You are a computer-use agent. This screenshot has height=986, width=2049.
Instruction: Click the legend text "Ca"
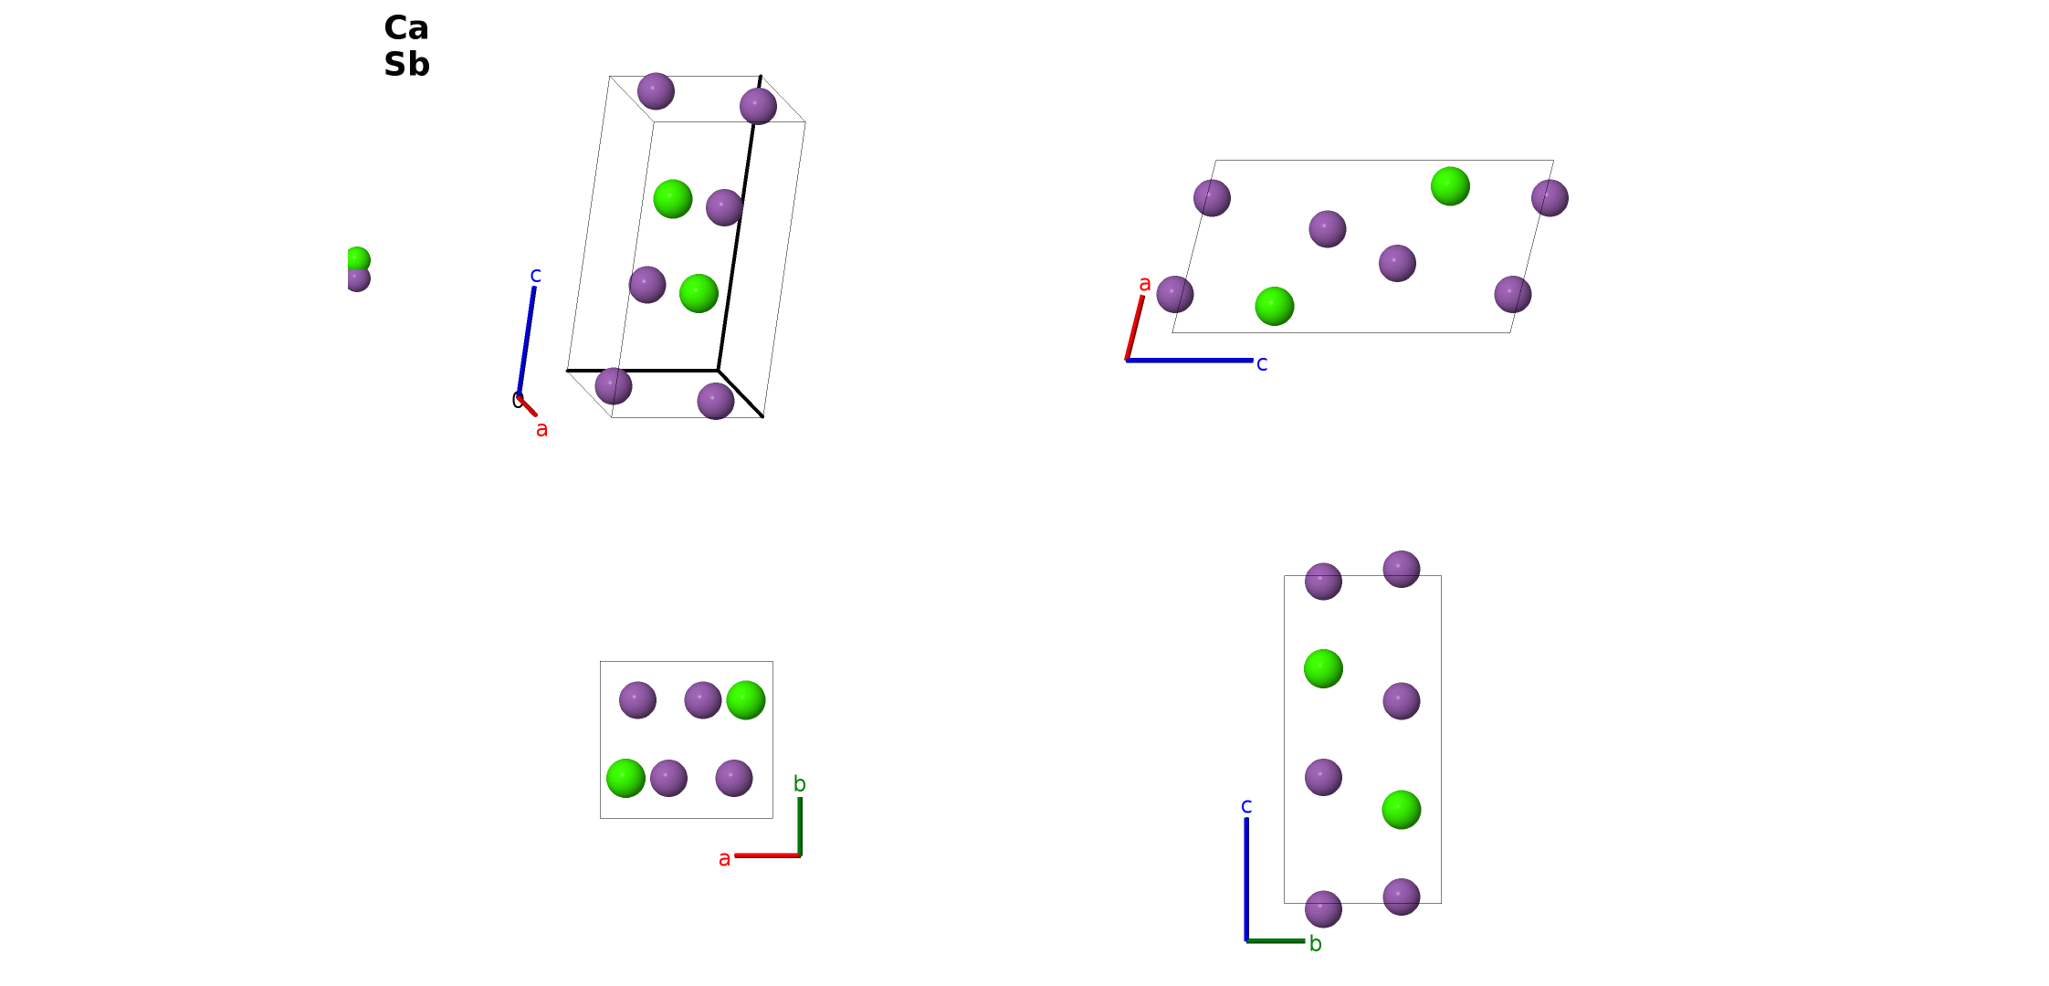[406, 28]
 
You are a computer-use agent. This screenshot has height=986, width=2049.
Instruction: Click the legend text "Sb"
[406, 65]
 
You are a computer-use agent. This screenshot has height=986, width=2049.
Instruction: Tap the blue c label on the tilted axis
[536, 275]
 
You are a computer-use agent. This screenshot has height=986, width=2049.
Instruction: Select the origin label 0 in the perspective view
[517, 400]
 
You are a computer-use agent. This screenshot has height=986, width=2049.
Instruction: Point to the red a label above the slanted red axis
[1145, 284]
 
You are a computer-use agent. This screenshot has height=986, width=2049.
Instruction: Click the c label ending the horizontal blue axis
[1262, 364]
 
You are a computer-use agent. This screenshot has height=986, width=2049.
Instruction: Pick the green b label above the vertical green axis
[800, 783]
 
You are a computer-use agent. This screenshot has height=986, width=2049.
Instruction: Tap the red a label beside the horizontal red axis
[724, 859]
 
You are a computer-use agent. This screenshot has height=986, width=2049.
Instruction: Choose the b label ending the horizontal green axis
[1316, 943]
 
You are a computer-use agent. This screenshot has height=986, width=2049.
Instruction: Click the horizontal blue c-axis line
[1190, 361]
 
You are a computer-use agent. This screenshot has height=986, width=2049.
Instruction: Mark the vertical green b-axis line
[800, 827]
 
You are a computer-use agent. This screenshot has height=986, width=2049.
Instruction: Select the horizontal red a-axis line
[768, 855]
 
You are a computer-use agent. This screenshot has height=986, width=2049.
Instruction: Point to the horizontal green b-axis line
[1276, 940]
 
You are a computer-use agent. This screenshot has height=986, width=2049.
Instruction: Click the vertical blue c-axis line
[1246, 879]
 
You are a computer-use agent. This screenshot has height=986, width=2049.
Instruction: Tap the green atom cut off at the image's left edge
[358, 259]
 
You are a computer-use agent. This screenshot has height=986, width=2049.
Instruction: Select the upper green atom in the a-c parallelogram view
[1450, 186]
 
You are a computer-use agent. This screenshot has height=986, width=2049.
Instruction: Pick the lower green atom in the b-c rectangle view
[1402, 810]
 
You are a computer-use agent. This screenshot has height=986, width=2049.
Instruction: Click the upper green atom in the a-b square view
[746, 700]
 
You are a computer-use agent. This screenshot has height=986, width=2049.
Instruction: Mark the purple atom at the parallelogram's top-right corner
[1550, 198]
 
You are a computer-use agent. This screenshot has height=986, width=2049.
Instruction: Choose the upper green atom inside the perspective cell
[673, 199]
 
